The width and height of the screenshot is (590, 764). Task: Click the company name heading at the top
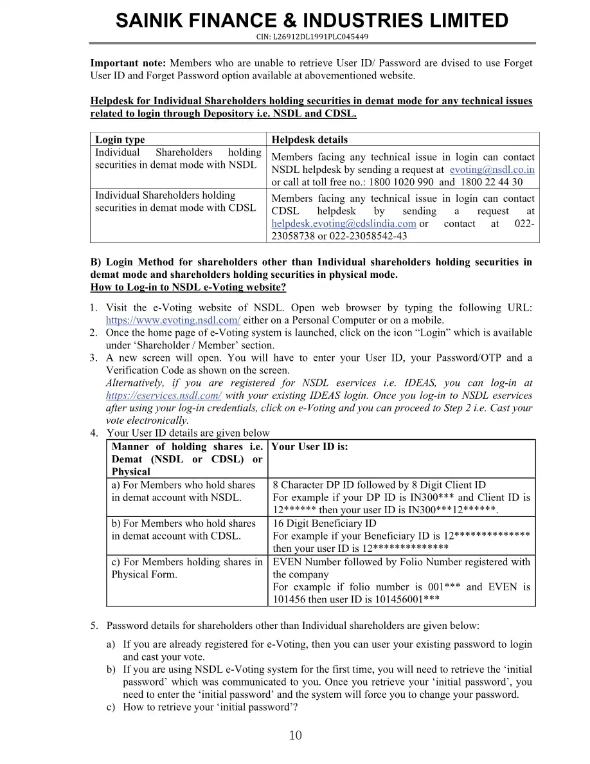pos(312,21)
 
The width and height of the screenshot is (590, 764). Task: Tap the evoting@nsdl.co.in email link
pos(492,170)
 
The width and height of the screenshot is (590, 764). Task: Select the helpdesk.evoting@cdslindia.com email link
pos(344,224)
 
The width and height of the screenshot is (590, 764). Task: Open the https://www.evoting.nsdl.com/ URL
pos(173,320)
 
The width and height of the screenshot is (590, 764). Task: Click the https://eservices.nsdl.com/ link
pos(164,396)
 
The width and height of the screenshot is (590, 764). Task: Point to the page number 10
pos(295,736)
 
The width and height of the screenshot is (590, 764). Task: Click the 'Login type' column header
pos(120,140)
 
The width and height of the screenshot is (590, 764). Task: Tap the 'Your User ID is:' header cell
pos(309,447)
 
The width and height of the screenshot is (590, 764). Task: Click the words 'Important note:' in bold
pos(128,63)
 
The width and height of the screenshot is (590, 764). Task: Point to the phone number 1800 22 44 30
pos(492,182)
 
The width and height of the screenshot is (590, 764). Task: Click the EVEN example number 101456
pos(292,599)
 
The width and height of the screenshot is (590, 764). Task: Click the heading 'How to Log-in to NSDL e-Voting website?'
pos(188,287)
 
